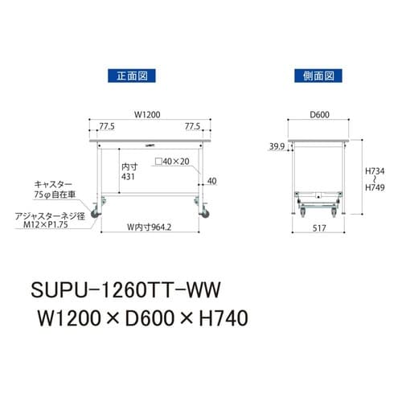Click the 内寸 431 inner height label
[128, 170]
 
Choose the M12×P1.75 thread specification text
[55, 226]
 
